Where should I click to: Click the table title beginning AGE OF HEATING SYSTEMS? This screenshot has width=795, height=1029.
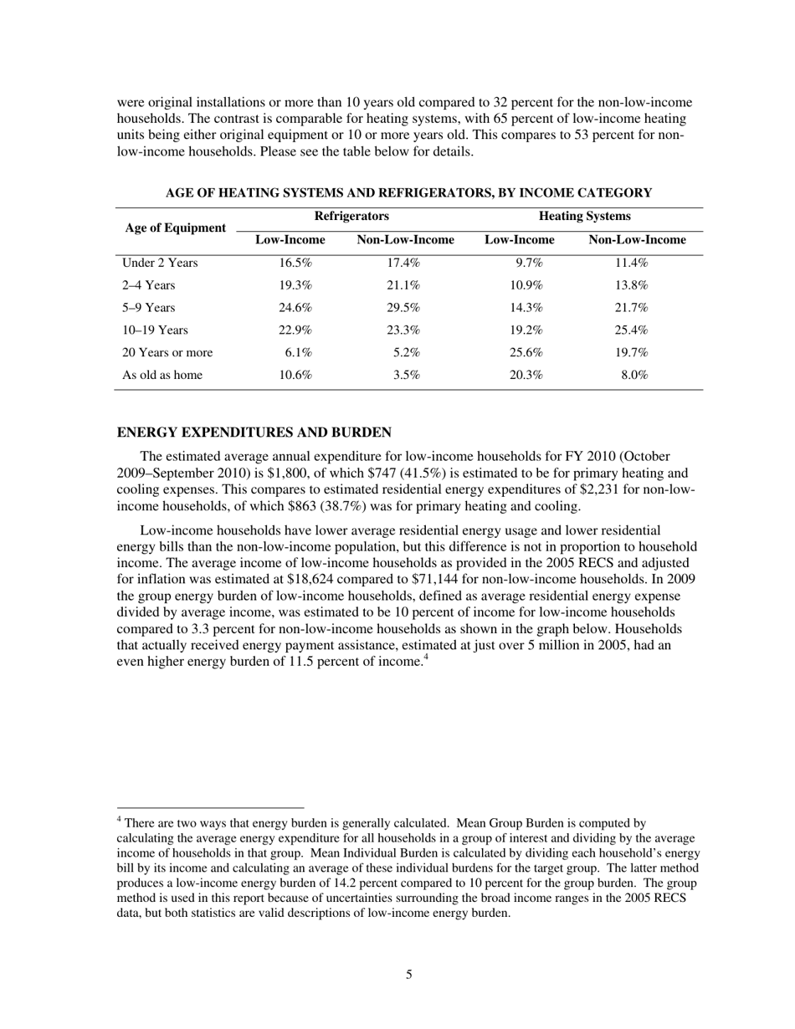(408, 193)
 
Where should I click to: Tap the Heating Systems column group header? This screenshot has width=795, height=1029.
(584, 217)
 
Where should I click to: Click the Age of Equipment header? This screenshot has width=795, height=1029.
(176, 228)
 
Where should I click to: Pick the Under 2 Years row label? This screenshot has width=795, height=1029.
(160, 264)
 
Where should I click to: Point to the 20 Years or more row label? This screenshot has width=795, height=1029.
(167, 352)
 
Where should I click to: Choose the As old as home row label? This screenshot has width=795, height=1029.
(162, 375)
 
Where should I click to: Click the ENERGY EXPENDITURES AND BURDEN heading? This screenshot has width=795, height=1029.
(254, 433)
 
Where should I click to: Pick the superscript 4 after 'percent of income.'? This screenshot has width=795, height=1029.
(427, 658)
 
